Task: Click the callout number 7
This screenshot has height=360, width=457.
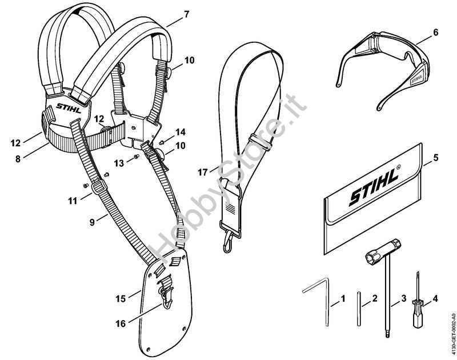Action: (x=187, y=14)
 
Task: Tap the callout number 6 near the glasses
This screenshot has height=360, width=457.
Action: (x=436, y=33)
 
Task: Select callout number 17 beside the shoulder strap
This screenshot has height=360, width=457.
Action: (x=203, y=172)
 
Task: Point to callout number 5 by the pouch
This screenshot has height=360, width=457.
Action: (x=436, y=158)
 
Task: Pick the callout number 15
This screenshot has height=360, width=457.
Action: (x=121, y=298)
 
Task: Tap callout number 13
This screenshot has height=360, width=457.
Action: (x=119, y=163)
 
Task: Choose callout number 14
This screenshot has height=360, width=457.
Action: (x=181, y=132)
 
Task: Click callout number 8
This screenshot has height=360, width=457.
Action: (x=18, y=159)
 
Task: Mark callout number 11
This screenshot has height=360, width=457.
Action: (x=73, y=201)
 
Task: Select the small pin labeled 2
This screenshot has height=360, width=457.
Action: (x=359, y=309)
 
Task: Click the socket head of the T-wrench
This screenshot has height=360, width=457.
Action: (x=374, y=256)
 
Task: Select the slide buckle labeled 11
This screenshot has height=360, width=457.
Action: (x=99, y=186)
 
